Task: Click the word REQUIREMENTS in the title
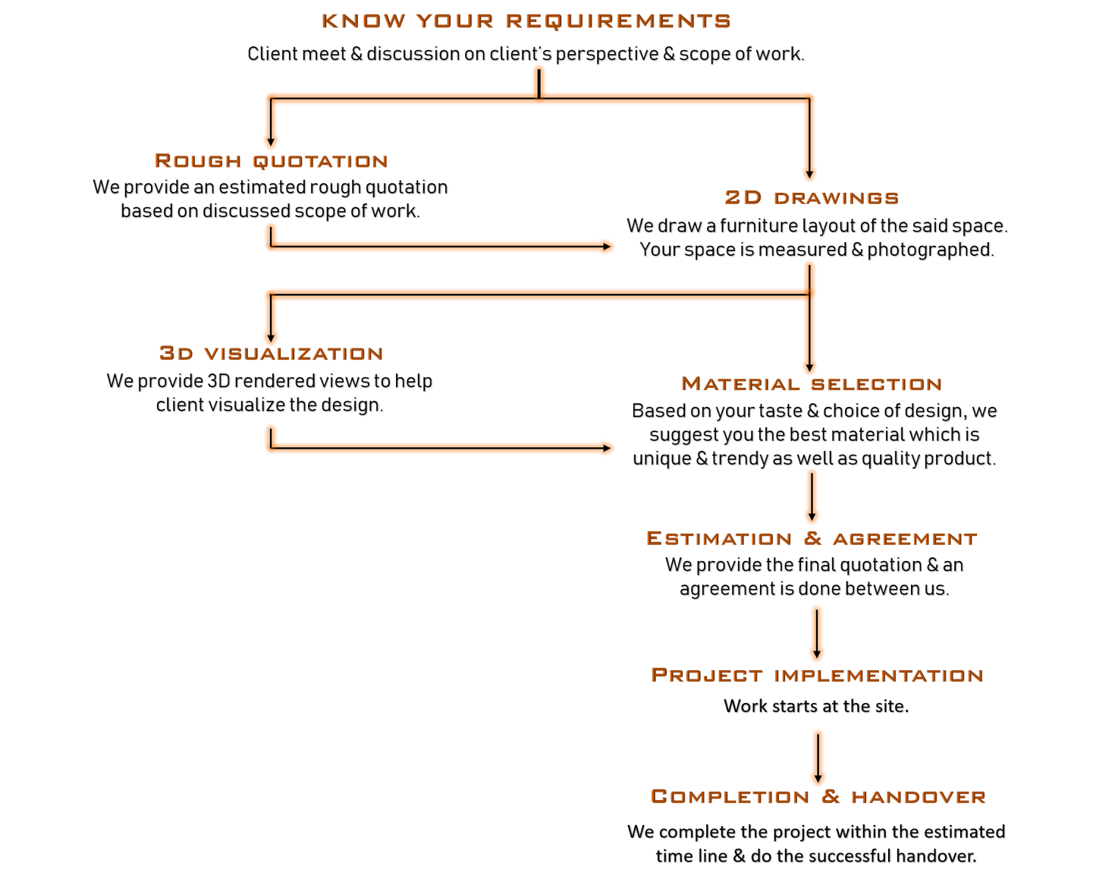click(617, 21)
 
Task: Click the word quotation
click(319, 162)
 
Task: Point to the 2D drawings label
click(811, 197)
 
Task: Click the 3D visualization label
click(271, 354)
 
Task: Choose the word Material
click(740, 384)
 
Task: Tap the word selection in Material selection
click(876, 385)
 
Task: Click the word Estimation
click(718, 538)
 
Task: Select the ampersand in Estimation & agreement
click(812, 538)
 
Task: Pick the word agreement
click(904, 539)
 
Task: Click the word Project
click(706, 676)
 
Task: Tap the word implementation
click(878, 676)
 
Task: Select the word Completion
click(730, 797)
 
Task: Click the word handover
click(918, 797)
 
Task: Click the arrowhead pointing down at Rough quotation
click(271, 142)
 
